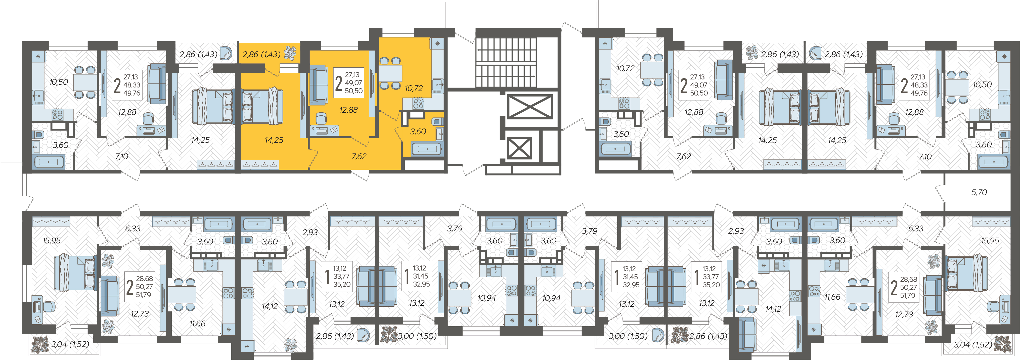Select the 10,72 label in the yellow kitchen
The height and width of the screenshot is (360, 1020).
tap(414, 88)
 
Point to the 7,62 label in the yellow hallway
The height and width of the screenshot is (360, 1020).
tap(359, 156)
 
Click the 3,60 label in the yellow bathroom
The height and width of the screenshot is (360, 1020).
tap(418, 131)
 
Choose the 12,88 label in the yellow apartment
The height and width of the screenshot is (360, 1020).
tap(348, 110)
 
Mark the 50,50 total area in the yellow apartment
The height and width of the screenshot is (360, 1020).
tap(353, 91)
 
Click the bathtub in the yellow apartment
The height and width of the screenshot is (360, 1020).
tap(427, 149)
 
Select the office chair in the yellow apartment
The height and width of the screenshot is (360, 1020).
tap(321, 118)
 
